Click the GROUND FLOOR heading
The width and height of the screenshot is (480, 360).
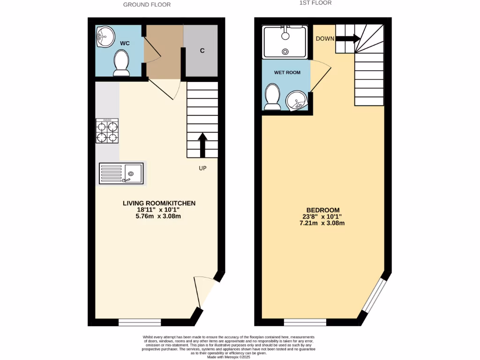[x=147, y=5]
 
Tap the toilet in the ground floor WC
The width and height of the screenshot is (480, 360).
[x=122, y=63]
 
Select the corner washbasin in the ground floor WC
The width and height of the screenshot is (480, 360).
[x=105, y=37]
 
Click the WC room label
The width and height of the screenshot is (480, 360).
[x=125, y=43]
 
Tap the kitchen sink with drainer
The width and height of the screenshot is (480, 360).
[x=121, y=173]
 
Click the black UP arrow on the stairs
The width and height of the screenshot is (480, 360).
[x=202, y=145]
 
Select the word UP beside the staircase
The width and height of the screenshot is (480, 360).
[x=202, y=168]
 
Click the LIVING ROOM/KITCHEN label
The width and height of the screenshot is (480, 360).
[x=159, y=203]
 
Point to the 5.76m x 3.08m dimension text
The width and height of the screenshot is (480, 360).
[x=159, y=216]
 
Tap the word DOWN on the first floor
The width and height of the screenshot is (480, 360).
[x=325, y=38]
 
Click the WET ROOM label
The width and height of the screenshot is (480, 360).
[x=287, y=73]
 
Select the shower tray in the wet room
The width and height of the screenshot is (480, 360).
[x=285, y=42]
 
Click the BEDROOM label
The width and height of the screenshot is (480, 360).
[x=323, y=210]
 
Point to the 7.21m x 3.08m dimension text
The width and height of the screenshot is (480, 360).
[x=323, y=223]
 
